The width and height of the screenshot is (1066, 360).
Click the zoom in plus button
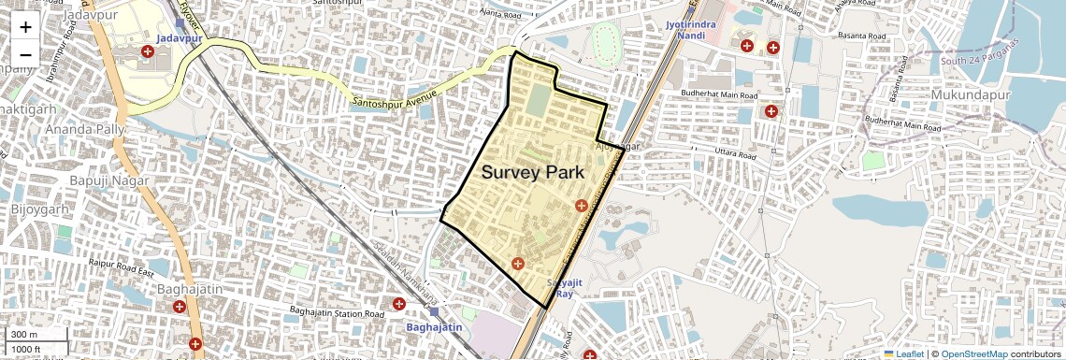[x=25, y=27]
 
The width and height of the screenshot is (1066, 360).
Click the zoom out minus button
[x=25, y=54]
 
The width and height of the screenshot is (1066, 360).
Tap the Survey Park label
[x=532, y=173]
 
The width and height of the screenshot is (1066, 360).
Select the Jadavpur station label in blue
[x=180, y=38]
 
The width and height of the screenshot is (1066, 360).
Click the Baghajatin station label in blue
[x=434, y=327]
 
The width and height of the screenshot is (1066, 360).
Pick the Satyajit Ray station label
[x=564, y=287]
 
